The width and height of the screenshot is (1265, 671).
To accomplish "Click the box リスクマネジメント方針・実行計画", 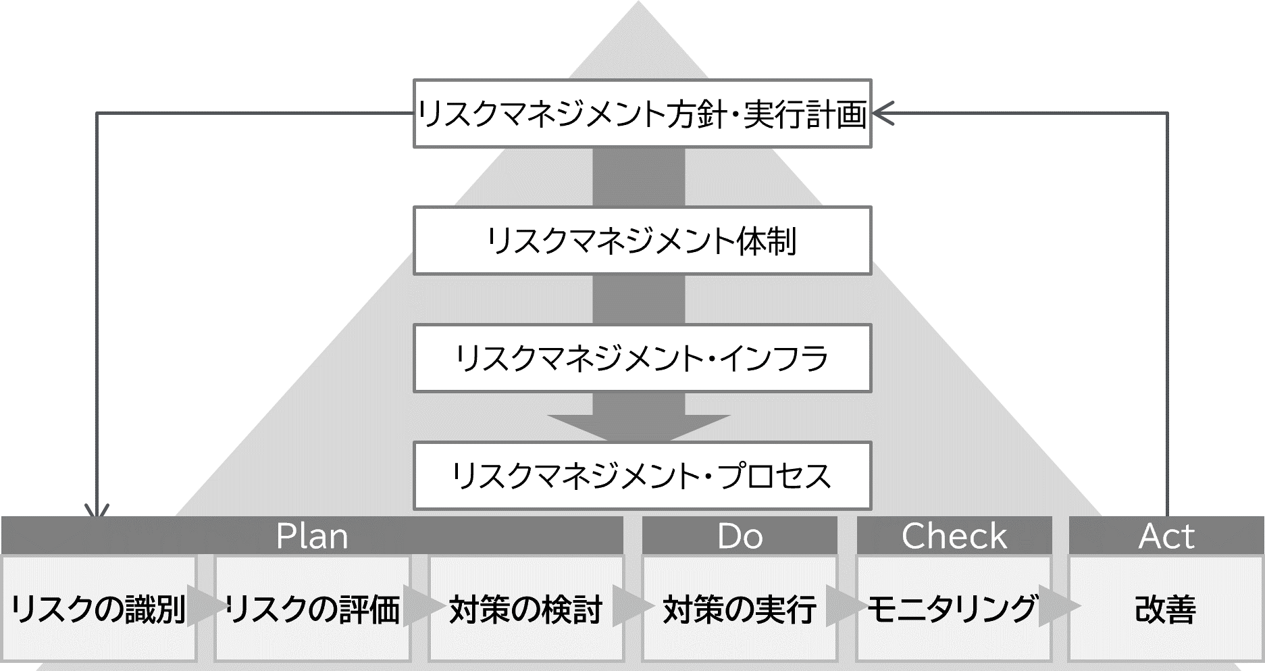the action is (x=642, y=114).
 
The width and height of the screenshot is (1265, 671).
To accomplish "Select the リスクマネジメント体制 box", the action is (x=642, y=241).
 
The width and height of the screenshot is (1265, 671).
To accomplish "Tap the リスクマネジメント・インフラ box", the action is (x=642, y=358).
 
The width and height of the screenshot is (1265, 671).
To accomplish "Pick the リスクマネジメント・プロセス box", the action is (x=642, y=476).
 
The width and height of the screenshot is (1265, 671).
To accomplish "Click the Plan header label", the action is (x=312, y=537).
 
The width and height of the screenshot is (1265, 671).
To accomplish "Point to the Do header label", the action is (x=740, y=537).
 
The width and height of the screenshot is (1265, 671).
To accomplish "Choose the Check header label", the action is (x=954, y=537).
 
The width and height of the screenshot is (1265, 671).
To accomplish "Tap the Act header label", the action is (x=1166, y=537).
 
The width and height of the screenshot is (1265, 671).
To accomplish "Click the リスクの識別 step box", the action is (x=99, y=608).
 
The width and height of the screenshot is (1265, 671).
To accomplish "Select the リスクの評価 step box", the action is (x=313, y=608).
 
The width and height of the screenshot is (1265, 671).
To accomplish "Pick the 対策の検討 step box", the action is (x=526, y=608).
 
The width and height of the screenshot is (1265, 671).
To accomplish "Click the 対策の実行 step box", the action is (x=740, y=608).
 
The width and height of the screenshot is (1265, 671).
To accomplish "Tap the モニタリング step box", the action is (x=954, y=608).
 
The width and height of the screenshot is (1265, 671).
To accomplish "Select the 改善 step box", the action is (x=1166, y=608).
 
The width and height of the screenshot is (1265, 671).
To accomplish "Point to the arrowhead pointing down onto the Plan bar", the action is (x=98, y=512).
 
